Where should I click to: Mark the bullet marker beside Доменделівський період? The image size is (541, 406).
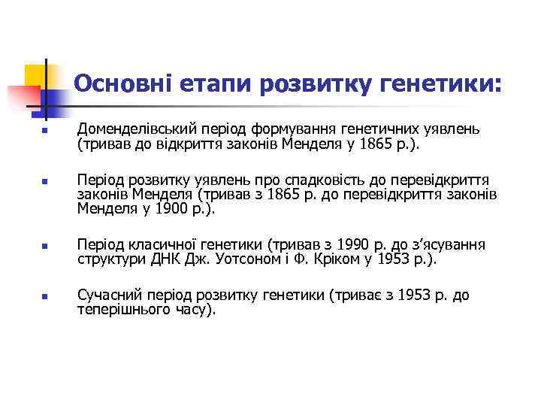(x=45, y=131)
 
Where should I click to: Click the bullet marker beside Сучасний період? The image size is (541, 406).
(x=45, y=296)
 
